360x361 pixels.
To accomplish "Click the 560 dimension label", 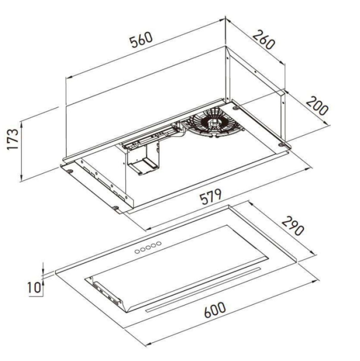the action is (141, 40).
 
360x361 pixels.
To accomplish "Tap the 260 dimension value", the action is (264, 40).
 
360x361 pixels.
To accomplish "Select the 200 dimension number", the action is (317, 106).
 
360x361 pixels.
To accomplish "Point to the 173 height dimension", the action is (12, 139).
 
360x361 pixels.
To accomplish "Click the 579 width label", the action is (211, 197).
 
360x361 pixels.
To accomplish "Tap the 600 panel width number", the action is (215, 310).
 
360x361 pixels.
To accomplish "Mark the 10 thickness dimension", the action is (34, 287).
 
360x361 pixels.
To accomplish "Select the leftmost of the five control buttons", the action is (137, 251).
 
